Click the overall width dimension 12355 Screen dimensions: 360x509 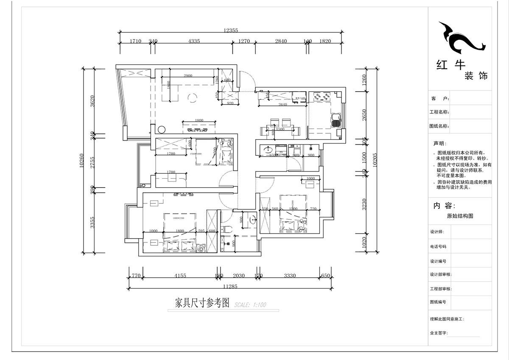(231, 30)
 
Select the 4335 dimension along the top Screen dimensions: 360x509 (194, 41)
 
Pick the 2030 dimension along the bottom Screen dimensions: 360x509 (239, 276)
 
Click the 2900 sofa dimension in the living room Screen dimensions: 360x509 (188, 76)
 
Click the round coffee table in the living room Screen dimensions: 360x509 (192, 98)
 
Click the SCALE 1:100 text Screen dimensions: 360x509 (250, 305)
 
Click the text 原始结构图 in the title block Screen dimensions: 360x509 (460, 216)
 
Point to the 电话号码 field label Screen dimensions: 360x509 (438, 246)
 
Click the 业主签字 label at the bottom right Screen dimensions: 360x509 (439, 333)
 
